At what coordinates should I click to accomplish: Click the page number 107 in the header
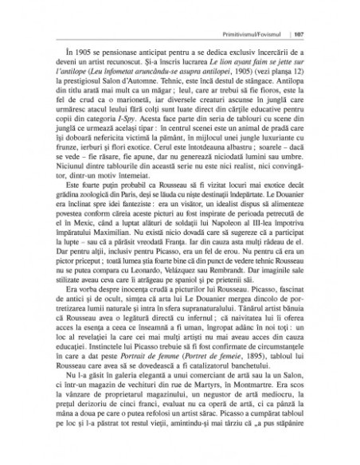(312, 34)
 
